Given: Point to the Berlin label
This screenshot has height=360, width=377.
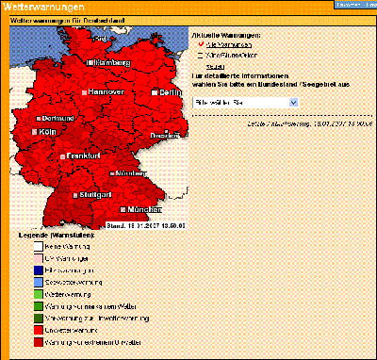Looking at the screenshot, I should coord(170,92).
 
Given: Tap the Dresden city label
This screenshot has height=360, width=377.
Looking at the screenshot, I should coord(172,136).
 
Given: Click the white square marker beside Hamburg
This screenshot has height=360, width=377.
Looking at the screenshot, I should coord(90,62).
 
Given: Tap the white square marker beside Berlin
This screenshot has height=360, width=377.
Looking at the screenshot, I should coord(153,92).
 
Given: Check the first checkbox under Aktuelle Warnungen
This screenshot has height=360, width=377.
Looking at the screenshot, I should coord(199,44).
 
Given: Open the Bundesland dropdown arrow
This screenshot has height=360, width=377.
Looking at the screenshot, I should coord(293,100).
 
